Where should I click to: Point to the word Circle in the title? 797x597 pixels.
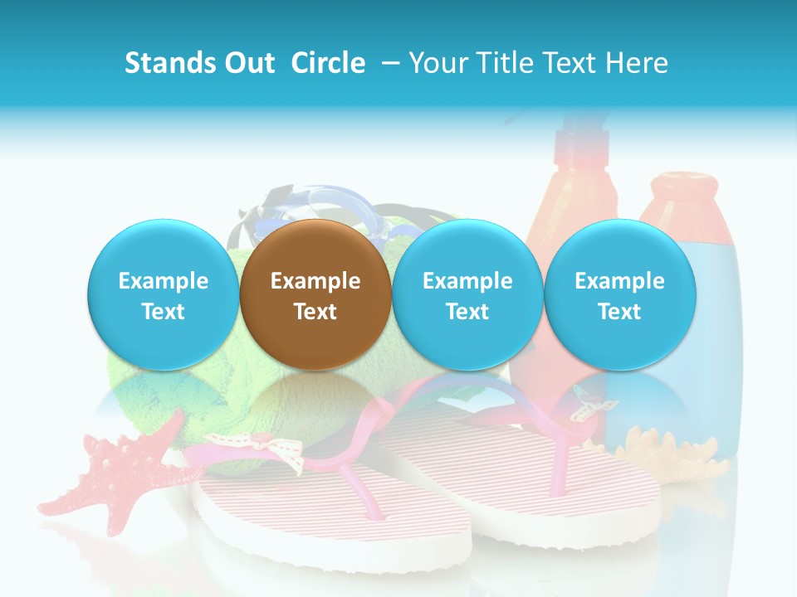(328, 63)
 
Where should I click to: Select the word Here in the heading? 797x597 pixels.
(637, 63)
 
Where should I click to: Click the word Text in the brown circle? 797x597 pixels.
(315, 312)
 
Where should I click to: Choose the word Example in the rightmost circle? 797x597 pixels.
(619, 281)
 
